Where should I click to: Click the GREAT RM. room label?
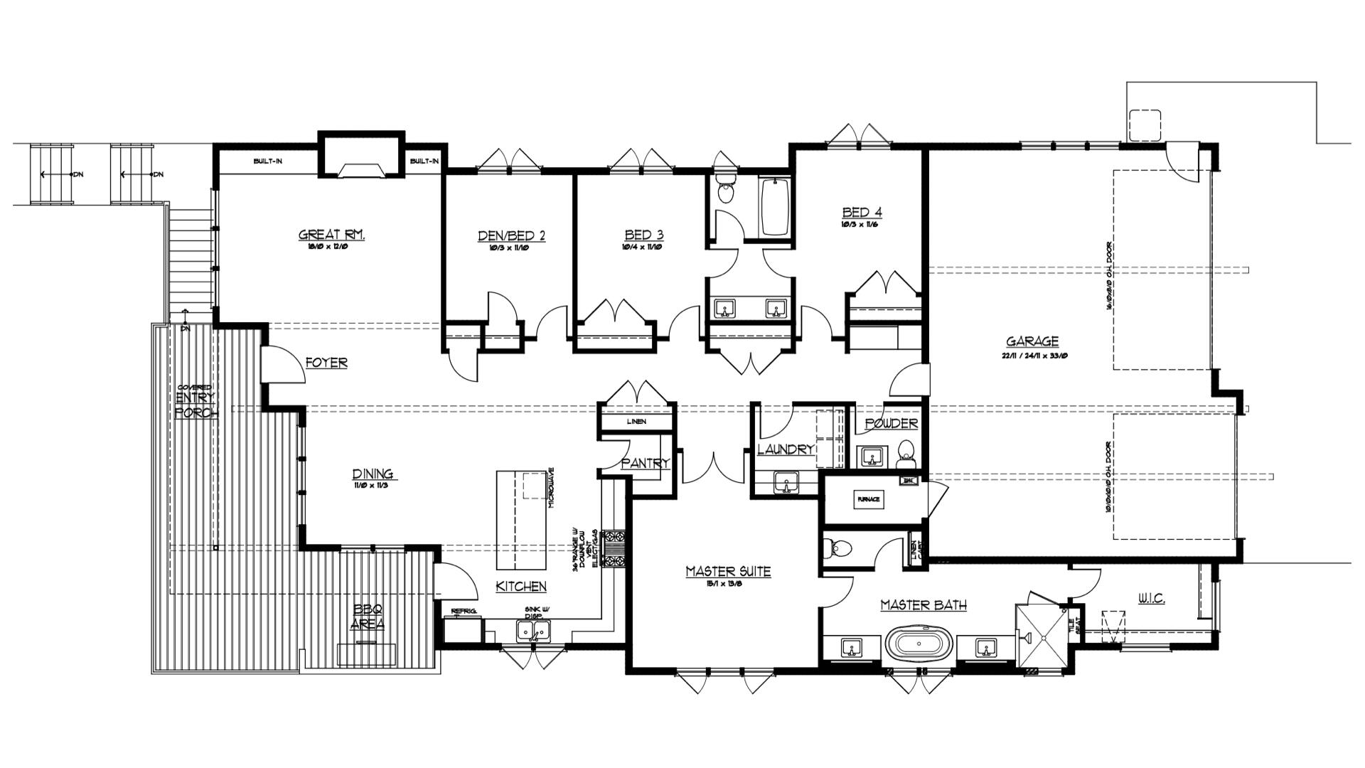click(x=332, y=235)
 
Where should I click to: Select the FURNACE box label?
click(x=868, y=499)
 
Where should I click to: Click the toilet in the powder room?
click(x=905, y=452)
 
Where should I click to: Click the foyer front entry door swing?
click(x=279, y=366)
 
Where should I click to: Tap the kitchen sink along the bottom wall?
click(x=532, y=630)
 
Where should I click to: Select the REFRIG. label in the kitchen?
click(x=463, y=612)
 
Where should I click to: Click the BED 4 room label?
click(x=862, y=212)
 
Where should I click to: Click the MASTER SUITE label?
click(x=728, y=571)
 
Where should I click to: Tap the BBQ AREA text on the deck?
click(x=368, y=617)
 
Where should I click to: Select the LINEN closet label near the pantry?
click(x=636, y=422)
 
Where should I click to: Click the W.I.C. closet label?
click(x=1151, y=599)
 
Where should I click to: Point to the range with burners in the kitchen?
click(x=613, y=548)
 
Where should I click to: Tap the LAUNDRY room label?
click(x=785, y=449)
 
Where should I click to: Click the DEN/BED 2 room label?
click(x=512, y=235)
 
